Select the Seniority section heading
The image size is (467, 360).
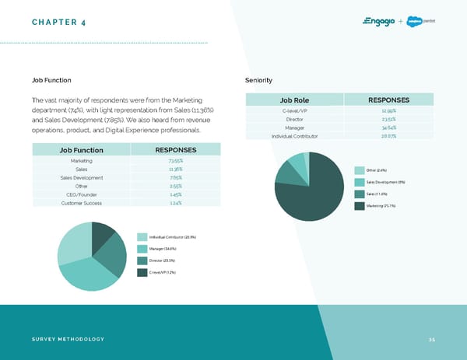[x=258, y=79]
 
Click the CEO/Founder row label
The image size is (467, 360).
[x=81, y=194]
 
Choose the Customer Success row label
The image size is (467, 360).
[x=81, y=203]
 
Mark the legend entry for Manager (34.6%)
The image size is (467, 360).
[x=160, y=248]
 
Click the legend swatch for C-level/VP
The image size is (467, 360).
[x=142, y=272]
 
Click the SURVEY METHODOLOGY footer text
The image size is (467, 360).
[x=68, y=339]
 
